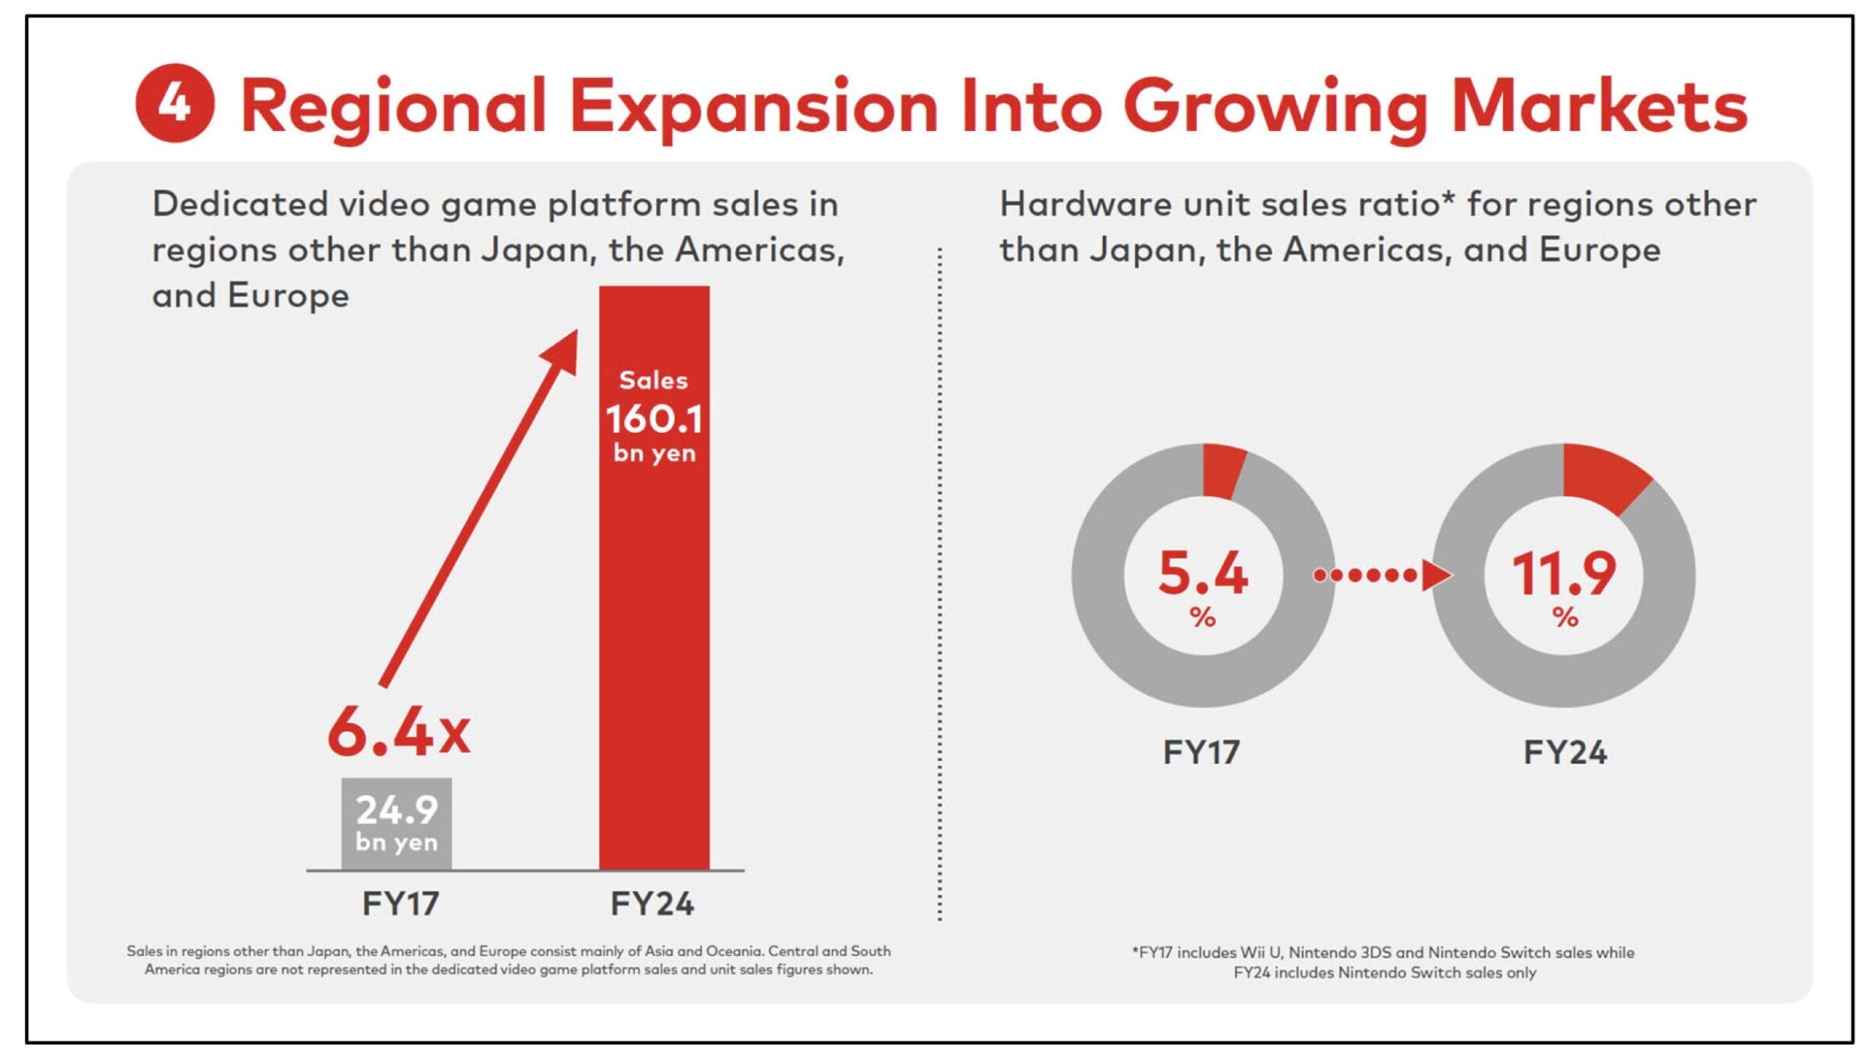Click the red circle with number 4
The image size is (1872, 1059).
(x=175, y=103)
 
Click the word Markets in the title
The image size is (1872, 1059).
(x=1599, y=107)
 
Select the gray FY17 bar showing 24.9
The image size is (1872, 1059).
(x=396, y=823)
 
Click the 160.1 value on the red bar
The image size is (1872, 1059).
(x=654, y=420)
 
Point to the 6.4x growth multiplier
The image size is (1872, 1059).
(x=399, y=732)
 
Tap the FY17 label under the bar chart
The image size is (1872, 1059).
(x=400, y=904)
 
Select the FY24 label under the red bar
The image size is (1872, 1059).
(x=652, y=904)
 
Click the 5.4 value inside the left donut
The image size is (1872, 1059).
(x=1203, y=573)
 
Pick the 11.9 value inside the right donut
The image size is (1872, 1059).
(x=1564, y=574)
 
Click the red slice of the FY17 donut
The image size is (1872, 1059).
(x=1222, y=470)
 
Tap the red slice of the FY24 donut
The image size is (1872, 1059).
(x=1603, y=476)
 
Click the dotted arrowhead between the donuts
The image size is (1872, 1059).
(x=1435, y=576)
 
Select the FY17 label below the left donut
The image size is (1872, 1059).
(x=1201, y=753)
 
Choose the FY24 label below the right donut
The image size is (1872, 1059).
(x=1565, y=753)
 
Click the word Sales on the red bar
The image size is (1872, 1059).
(x=654, y=381)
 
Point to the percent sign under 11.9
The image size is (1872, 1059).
(x=1565, y=618)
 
